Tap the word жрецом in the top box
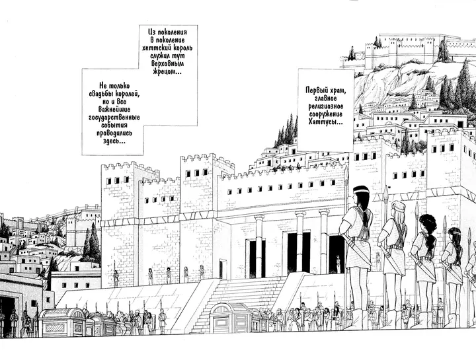164,72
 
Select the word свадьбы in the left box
101,93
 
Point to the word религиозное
326,106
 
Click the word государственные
114,118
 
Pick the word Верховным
167,63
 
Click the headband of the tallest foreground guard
361,191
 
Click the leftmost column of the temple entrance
259,246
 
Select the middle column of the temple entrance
300,241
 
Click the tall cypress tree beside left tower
94,242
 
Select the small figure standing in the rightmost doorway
338,264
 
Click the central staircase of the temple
243,301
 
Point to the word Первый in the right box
317,90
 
